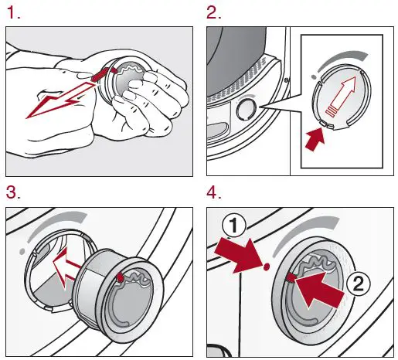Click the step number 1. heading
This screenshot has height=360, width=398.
[13, 12]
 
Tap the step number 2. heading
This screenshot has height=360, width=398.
[215, 12]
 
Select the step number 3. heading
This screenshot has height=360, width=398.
[13, 190]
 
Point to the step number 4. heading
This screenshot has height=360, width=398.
[215, 190]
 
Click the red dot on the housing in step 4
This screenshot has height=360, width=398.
[265, 267]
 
